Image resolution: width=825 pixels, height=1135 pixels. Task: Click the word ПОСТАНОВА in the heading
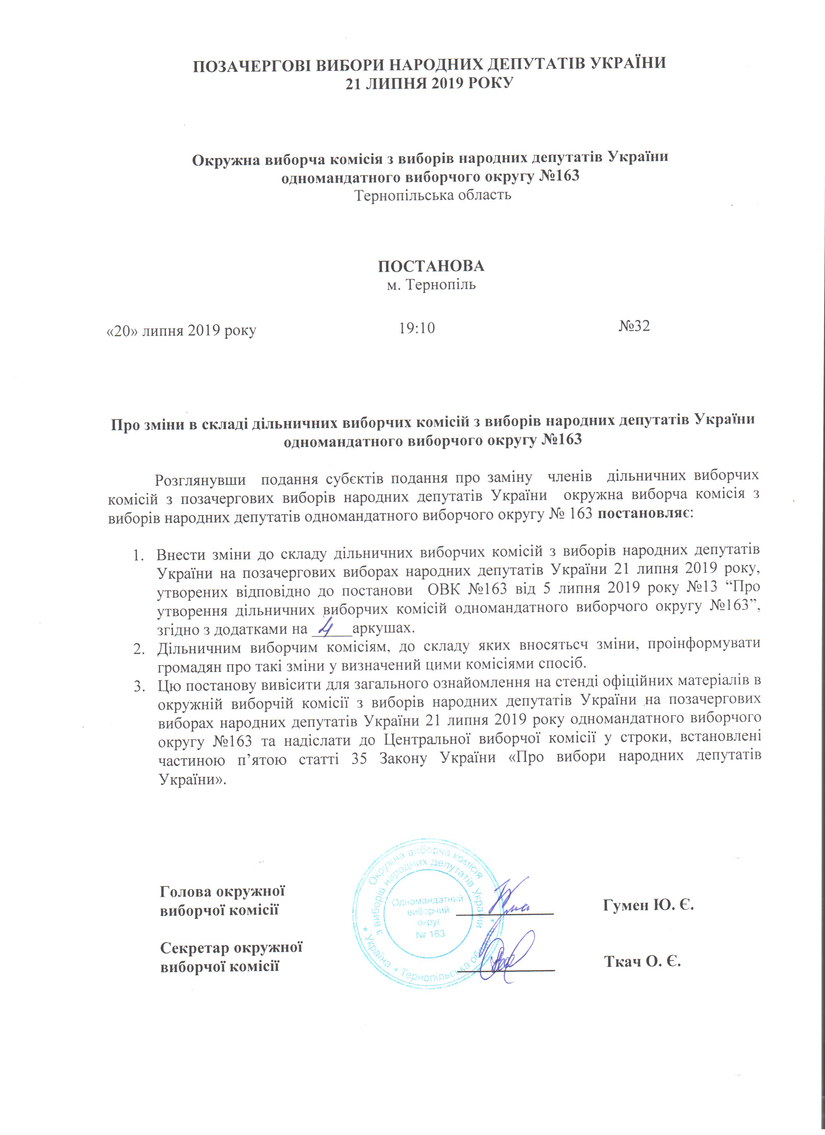pos(431,266)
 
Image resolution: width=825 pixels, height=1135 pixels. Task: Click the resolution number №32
pos(634,326)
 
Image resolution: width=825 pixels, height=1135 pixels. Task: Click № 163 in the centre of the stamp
pos(430,934)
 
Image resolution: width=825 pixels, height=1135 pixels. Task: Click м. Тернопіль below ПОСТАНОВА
pos(431,285)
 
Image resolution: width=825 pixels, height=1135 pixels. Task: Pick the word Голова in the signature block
pos(186,891)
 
